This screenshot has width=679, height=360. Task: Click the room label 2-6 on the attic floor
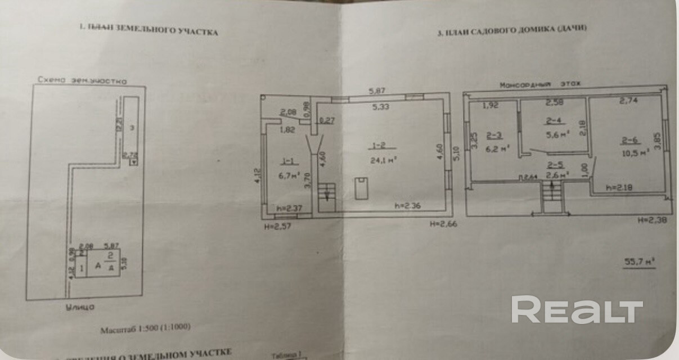pyautogui.click(x=629, y=141)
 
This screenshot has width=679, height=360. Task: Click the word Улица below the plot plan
pyautogui.click(x=78, y=307)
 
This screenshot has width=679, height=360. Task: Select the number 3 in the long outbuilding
pyautogui.click(x=132, y=128)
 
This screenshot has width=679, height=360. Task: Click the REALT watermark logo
pyautogui.click(x=577, y=310)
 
